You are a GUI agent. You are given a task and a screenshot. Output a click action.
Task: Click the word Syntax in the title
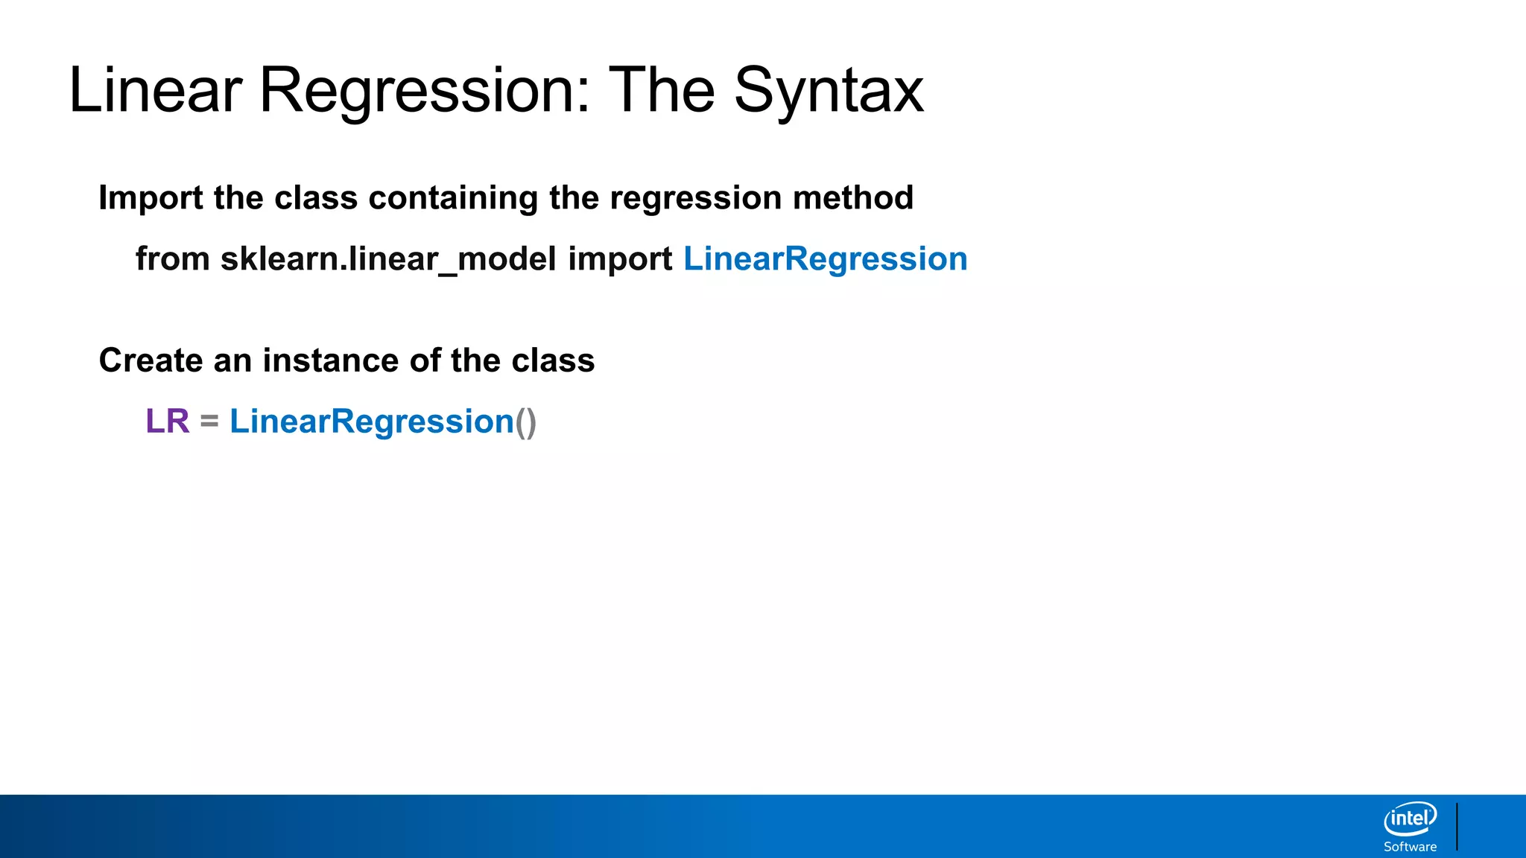pyautogui.click(x=829, y=91)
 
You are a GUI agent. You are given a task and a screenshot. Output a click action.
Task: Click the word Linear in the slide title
pyautogui.click(x=155, y=91)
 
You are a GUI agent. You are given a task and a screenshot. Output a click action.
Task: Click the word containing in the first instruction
pyautogui.click(x=453, y=198)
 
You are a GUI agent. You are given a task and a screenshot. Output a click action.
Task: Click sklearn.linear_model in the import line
pyautogui.click(x=388, y=259)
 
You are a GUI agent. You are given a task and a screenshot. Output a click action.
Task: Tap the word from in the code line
pyautogui.click(x=172, y=259)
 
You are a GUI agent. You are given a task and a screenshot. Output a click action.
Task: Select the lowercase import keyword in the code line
pyautogui.click(x=620, y=259)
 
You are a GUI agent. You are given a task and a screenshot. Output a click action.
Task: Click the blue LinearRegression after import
pyautogui.click(x=826, y=259)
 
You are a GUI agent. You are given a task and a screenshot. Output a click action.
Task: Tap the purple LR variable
pyautogui.click(x=168, y=422)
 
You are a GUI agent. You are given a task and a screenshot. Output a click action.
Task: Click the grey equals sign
pyautogui.click(x=209, y=422)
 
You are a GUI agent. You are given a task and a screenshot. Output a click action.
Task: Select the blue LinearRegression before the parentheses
pyautogui.click(x=372, y=422)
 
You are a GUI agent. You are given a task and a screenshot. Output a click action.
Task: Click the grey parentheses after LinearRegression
pyautogui.click(x=526, y=422)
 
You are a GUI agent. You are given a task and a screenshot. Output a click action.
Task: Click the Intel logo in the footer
pyautogui.click(x=1410, y=819)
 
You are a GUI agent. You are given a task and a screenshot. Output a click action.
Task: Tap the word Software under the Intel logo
pyautogui.click(x=1410, y=847)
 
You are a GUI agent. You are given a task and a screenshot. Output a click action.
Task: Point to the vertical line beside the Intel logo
pyautogui.click(x=1457, y=826)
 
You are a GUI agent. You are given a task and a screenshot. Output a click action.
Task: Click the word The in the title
pyautogui.click(x=662, y=91)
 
